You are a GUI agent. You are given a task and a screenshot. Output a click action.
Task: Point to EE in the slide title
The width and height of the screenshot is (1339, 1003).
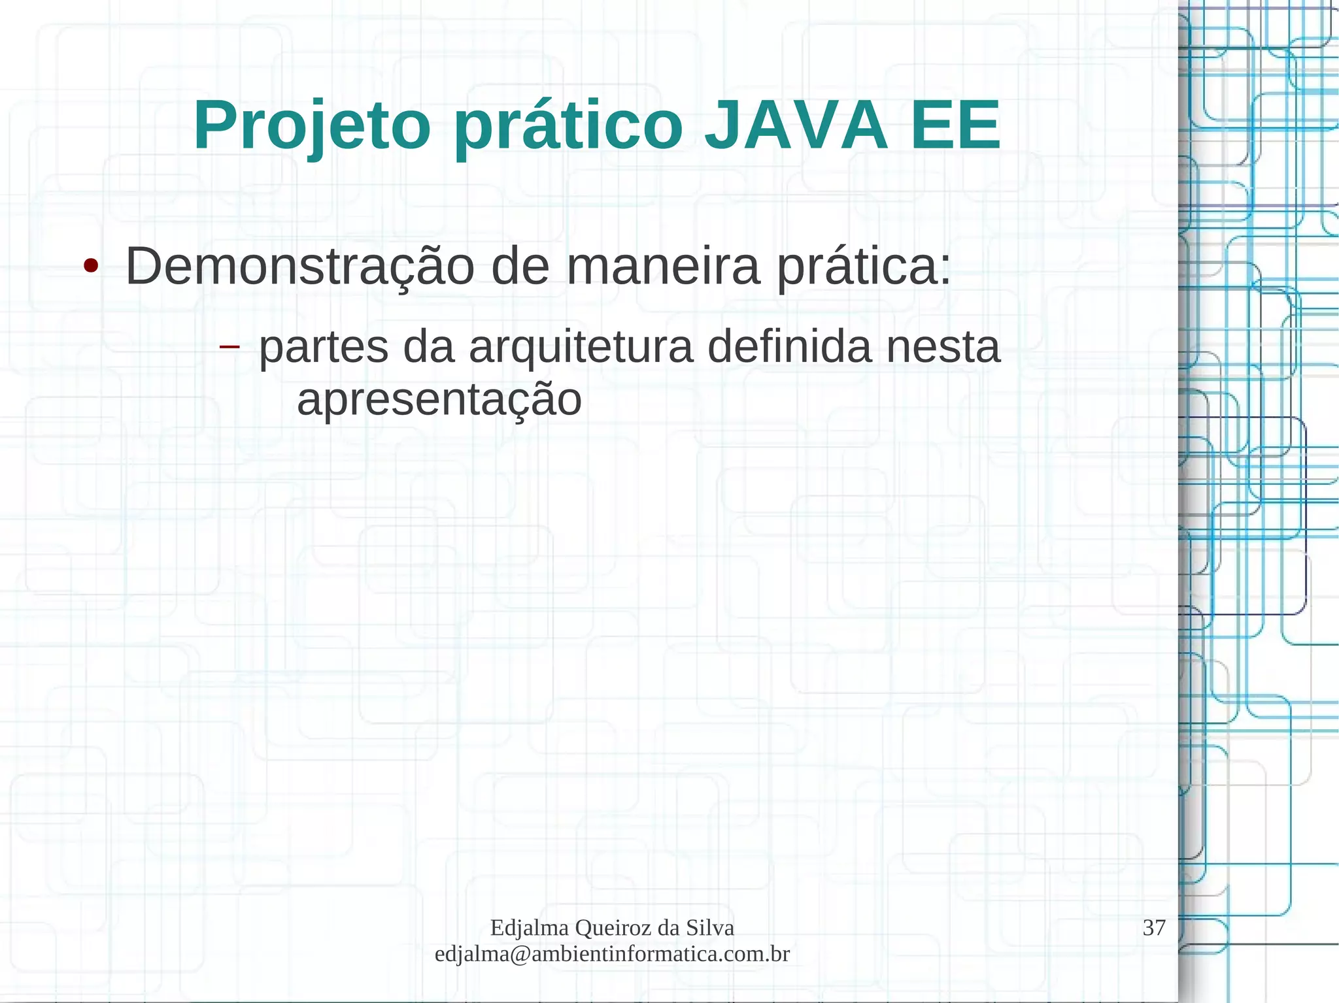coord(955,125)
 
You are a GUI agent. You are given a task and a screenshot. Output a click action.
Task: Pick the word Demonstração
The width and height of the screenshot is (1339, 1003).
coord(299,268)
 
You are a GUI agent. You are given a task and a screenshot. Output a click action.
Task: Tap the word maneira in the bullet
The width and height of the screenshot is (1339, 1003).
coord(663,267)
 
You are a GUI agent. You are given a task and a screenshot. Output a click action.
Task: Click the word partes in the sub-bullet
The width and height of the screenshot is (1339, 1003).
coord(324,348)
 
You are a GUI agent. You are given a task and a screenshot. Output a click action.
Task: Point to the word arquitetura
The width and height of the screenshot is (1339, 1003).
coord(581,348)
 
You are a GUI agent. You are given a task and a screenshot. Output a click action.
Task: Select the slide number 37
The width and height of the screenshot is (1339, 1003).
coord(1154,927)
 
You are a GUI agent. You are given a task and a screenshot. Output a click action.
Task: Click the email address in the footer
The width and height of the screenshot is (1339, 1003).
coord(612,954)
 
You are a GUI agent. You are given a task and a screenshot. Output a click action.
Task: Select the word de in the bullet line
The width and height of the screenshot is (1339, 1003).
coord(520,267)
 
